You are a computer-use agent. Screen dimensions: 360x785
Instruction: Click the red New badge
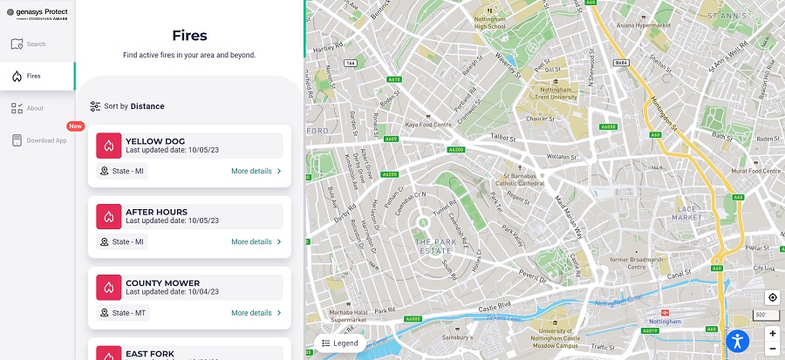click(x=75, y=126)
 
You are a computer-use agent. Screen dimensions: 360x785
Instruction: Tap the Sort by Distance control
click(x=127, y=106)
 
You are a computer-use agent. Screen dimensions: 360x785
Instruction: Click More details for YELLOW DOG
click(x=256, y=171)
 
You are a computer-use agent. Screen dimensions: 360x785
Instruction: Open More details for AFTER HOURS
click(x=256, y=241)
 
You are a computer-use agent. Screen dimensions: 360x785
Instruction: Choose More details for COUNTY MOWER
click(x=256, y=312)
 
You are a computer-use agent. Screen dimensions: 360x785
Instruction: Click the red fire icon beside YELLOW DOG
click(x=108, y=145)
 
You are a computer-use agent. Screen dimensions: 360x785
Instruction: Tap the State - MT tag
click(x=123, y=312)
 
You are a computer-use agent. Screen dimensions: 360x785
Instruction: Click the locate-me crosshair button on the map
click(x=772, y=297)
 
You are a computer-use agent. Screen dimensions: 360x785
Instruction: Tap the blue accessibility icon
click(x=738, y=341)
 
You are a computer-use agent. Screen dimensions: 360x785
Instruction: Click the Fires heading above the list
click(x=189, y=36)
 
